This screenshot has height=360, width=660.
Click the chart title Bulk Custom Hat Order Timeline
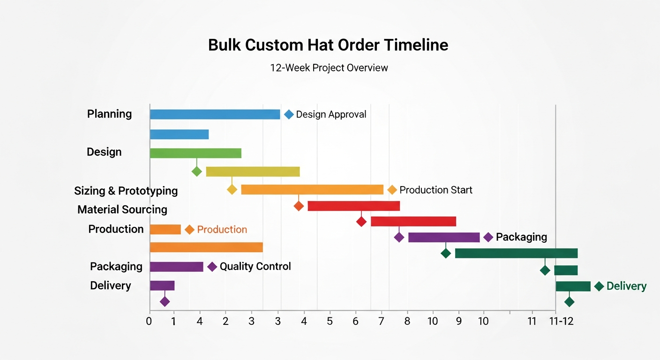pyautogui.click(x=328, y=45)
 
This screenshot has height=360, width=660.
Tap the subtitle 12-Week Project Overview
pyautogui.click(x=329, y=67)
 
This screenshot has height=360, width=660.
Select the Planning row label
pyautogui.click(x=110, y=114)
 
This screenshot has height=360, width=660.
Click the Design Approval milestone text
pyautogui.click(x=331, y=114)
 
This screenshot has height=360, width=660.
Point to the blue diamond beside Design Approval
pyautogui.click(x=289, y=114)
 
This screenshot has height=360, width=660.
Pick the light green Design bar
pyautogui.click(x=195, y=153)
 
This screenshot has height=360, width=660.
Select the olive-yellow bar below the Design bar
pyautogui.click(x=253, y=172)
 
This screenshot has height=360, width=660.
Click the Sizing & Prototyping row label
pyautogui.click(x=126, y=191)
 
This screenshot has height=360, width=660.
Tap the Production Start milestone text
pyautogui.click(x=435, y=190)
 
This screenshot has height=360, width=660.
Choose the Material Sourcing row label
pyautogui.click(x=122, y=210)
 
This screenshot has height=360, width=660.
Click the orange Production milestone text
pyautogui.click(x=222, y=229)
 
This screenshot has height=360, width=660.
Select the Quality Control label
pyautogui.click(x=255, y=267)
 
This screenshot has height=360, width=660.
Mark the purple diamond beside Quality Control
pyautogui.click(x=212, y=267)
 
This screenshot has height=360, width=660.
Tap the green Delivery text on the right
pyautogui.click(x=626, y=286)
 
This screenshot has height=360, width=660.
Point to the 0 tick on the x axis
pyautogui.click(x=149, y=322)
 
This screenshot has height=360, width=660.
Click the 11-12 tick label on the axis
pyautogui.click(x=562, y=322)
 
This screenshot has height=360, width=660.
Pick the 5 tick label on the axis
pyautogui.click(x=330, y=322)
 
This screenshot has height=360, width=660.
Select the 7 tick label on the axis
pyautogui.click(x=381, y=322)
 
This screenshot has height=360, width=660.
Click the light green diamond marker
pyautogui.click(x=197, y=172)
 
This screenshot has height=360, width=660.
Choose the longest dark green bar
pyautogui.click(x=516, y=254)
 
